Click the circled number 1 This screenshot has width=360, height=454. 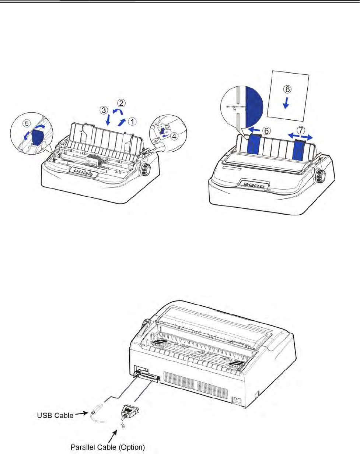(132, 122)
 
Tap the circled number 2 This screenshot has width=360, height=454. (121, 103)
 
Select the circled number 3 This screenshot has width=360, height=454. (104, 110)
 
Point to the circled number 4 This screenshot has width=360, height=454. (174, 136)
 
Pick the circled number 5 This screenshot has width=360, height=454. (27, 123)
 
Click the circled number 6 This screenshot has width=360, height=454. (266, 131)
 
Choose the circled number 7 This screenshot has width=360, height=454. (301, 130)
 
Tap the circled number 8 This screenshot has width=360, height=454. (287, 89)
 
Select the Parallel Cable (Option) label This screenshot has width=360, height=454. (108, 447)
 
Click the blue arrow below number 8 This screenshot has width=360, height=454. (286, 103)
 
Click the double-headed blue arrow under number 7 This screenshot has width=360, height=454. (300, 137)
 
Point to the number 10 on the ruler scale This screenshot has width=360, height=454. (234, 109)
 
